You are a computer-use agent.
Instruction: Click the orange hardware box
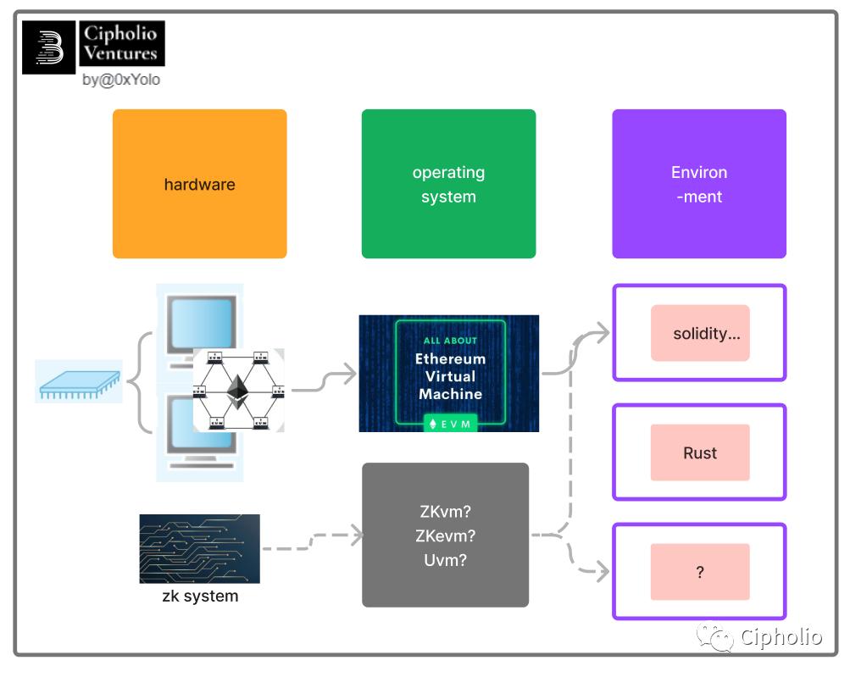[199, 184]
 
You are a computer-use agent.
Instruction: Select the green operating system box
[448, 184]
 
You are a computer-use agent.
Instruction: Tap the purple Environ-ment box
[699, 184]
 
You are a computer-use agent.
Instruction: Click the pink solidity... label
[706, 333]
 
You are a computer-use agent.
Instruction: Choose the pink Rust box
[700, 452]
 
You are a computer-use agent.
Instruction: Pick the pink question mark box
[700, 572]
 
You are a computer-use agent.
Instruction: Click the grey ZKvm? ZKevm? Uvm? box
[445, 535]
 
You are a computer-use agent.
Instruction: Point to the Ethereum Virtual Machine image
[448, 374]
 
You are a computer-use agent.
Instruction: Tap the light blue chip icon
[79, 381]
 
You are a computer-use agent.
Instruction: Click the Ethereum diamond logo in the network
[238, 391]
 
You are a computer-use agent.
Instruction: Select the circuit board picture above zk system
[199, 548]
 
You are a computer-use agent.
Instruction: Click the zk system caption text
[200, 596]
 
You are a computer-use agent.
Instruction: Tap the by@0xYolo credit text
[121, 80]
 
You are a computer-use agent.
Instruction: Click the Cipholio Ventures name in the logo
[120, 43]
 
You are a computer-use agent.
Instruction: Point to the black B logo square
[49, 47]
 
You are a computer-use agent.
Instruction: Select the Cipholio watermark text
[781, 637]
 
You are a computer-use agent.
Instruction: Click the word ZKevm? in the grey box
[445, 535]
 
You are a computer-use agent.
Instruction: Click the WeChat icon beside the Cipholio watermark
[715, 637]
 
